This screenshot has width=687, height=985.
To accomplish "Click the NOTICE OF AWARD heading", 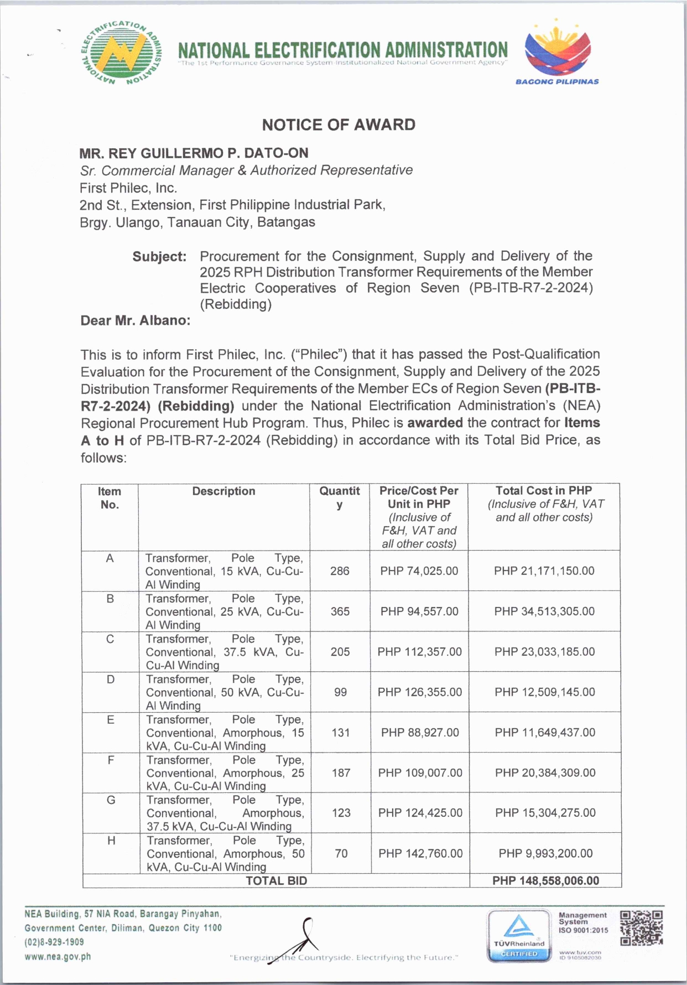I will (x=339, y=125).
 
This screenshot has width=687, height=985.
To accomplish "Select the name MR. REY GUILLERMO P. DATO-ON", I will (x=194, y=153).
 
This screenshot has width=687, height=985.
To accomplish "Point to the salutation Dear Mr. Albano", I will (x=136, y=321).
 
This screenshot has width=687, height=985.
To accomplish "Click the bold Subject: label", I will (x=159, y=257).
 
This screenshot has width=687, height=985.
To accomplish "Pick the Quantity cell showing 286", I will (x=340, y=571).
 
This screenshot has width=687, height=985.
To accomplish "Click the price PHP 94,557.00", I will (x=419, y=611).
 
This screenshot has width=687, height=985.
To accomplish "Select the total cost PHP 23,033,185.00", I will (x=544, y=652).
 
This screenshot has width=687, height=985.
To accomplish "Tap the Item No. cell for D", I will (x=111, y=680).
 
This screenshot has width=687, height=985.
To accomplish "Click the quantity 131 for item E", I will (x=341, y=733).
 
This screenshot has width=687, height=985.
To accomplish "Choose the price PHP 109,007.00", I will (x=420, y=773).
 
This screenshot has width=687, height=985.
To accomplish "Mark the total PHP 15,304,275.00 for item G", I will (x=545, y=813).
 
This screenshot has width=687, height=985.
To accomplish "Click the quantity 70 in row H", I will (x=341, y=854).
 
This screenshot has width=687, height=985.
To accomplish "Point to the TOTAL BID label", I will (x=276, y=881).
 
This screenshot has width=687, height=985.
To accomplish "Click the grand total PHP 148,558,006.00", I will (x=545, y=881).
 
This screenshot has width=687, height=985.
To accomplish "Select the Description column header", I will (x=223, y=491).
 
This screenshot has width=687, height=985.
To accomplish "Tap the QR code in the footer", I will (x=641, y=928).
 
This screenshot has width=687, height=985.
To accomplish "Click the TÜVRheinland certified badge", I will (x=519, y=936).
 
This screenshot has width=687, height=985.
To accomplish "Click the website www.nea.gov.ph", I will (x=58, y=956).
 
